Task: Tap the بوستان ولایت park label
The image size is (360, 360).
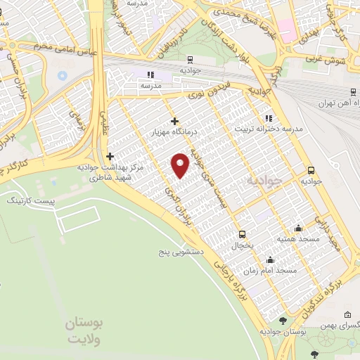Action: [x=84, y=331]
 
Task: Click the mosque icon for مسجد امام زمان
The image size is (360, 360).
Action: [x=271, y=260]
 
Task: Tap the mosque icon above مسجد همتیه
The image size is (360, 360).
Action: [x=299, y=228]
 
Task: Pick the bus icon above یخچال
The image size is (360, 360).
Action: [x=243, y=234]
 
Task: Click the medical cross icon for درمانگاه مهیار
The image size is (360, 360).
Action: [x=174, y=121]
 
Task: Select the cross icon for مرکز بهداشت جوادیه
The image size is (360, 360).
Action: [x=109, y=156]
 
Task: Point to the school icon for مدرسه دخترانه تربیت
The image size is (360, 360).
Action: [x=267, y=118]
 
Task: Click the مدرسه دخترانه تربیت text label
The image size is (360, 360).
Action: [x=268, y=129]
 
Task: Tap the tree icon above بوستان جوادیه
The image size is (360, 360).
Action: [x=282, y=321]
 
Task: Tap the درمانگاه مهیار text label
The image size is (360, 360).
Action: [x=174, y=131]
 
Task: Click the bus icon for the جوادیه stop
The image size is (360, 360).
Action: [x=311, y=170]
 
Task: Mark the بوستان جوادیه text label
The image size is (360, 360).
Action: [x=282, y=331]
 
